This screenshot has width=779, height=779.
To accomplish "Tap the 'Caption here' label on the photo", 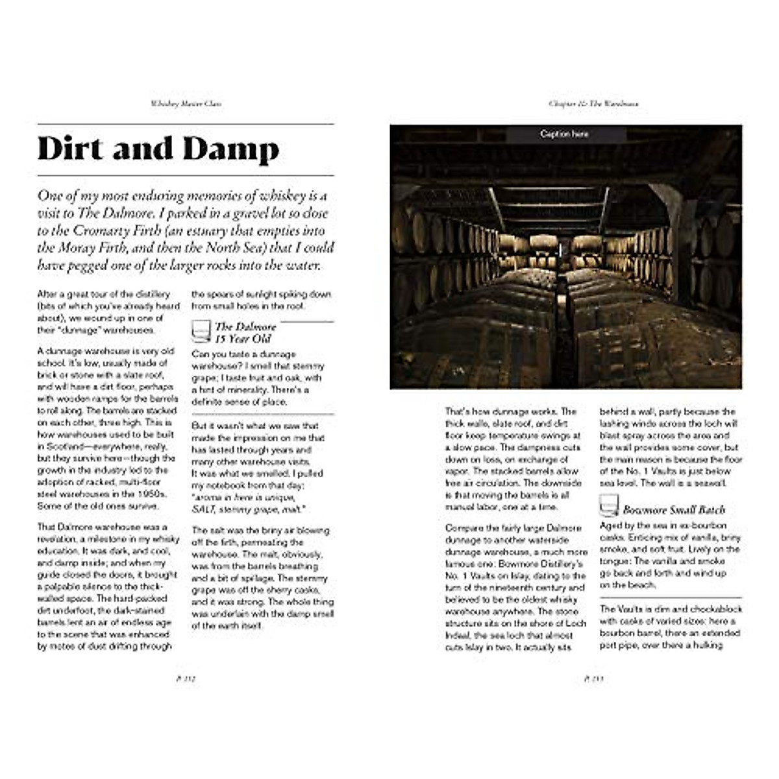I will [x=564, y=134].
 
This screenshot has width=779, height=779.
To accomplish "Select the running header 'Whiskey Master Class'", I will [x=186, y=104].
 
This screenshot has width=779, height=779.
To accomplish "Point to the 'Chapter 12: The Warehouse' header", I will [x=593, y=104].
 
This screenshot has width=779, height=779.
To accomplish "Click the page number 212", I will [x=186, y=679].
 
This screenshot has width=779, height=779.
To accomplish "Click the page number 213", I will [x=593, y=679].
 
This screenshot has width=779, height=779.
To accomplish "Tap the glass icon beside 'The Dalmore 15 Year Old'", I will [x=201, y=332].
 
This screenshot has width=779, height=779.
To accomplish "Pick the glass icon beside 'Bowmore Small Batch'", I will [x=609, y=506].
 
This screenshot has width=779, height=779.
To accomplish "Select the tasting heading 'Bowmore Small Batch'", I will [x=674, y=510].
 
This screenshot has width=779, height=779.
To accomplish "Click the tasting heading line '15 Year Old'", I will [x=243, y=339].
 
